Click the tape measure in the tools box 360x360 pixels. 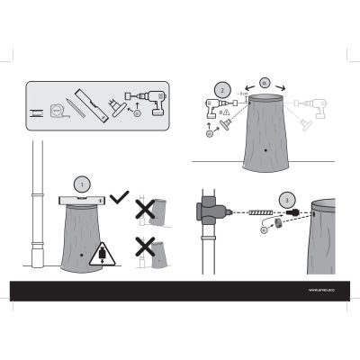pyautogui.click(x=59, y=111)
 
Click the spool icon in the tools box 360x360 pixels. pyautogui.click(x=37, y=112)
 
